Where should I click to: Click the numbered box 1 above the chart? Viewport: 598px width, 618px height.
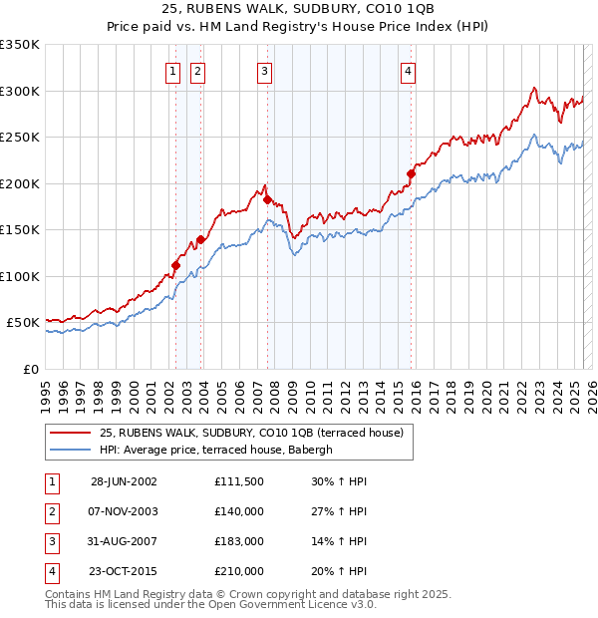[172, 71]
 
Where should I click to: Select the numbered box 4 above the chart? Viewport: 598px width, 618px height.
[410, 71]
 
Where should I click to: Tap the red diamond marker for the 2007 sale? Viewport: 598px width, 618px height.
[267, 199]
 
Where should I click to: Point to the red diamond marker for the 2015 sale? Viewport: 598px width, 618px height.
[411, 174]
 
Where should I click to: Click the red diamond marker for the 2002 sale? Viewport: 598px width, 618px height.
[176, 265]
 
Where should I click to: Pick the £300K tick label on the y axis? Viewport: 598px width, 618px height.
[19, 91]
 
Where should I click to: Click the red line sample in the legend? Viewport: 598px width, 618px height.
[70, 433]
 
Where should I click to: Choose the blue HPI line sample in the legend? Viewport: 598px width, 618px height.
[70, 450]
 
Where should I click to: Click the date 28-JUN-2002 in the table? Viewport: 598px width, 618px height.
[124, 480]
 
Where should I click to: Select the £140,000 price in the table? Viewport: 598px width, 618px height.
[239, 511]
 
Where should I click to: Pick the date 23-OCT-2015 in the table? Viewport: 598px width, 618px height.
[124, 572]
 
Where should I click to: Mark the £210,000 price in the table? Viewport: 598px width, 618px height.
[239, 572]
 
